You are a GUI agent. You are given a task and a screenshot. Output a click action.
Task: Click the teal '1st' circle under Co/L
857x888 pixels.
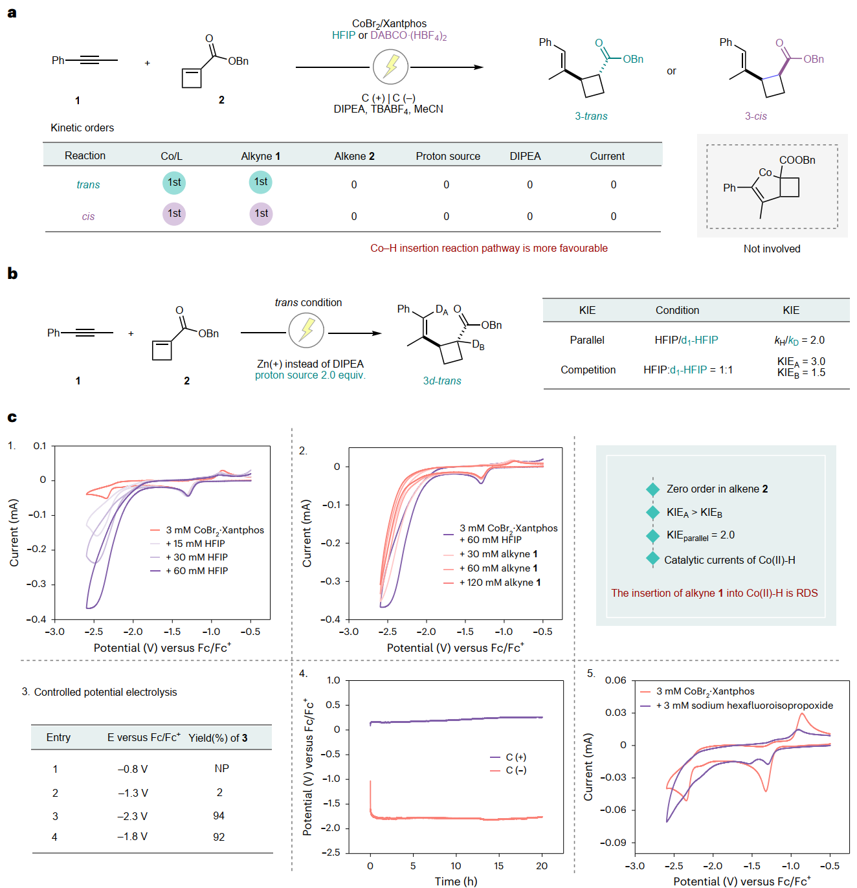(174, 183)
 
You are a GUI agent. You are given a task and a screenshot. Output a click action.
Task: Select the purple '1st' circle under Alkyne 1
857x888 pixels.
(261, 214)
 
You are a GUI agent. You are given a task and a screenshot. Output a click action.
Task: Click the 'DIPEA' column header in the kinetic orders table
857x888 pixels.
(525, 156)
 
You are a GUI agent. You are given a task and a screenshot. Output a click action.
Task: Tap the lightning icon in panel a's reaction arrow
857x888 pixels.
(390, 67)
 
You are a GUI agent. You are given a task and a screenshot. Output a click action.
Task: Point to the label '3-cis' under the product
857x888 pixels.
(755, 117)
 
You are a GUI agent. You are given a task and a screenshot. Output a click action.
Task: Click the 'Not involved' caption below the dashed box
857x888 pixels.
(772, 249)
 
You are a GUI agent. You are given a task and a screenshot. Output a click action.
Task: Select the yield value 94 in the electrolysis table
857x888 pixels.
(219, 816)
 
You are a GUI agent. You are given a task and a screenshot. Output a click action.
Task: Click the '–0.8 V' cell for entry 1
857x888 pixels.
(133, 770)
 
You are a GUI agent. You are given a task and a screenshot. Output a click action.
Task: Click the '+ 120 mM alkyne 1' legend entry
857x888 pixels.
(499, 583)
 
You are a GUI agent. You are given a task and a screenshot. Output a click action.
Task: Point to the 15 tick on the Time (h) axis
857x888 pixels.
(498, 866)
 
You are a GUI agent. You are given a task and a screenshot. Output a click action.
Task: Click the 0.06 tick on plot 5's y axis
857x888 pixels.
(616, 680)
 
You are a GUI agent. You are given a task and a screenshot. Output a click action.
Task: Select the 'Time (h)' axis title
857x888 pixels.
(456, 881)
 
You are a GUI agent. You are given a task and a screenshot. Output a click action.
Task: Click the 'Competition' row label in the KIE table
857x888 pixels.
(588, 370)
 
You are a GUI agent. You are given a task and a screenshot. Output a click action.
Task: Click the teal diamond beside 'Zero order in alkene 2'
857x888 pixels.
(652, 489)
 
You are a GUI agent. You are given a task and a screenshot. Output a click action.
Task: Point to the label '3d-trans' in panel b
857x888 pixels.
(442, 381)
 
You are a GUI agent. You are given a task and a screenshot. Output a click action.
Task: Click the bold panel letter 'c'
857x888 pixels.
(12, 417)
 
